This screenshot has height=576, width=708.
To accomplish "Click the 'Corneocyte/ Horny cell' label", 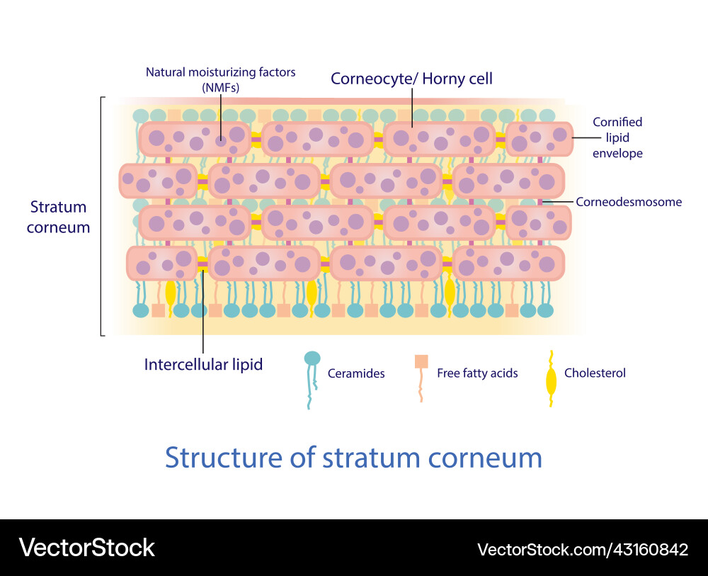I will coord(411,79).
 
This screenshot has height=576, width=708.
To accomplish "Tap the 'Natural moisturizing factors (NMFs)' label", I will coord(220,79).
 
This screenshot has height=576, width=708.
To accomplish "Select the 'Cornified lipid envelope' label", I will coord(618,137).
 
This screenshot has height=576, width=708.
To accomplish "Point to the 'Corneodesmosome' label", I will coord(629,202).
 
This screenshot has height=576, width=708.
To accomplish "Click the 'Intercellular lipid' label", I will coord(203,364).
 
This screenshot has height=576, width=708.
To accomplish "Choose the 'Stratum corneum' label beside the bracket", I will coord(59,217).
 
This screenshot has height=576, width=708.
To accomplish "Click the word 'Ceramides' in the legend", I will coord(356,373).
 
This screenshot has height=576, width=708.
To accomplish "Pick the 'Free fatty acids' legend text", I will coord(477,373).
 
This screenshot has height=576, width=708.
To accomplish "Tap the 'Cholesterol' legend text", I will coord(595,373).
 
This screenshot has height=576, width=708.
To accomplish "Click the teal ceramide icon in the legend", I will coord(312,359).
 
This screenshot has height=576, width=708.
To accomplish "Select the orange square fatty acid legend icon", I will coord(421,361).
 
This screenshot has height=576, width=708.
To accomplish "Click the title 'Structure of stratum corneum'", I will coord(353,458).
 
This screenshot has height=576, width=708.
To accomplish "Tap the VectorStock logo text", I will coord(86,547).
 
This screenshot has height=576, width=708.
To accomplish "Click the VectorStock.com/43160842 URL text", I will coord(583,549).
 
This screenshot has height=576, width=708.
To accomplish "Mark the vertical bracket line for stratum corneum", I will coord(101,216).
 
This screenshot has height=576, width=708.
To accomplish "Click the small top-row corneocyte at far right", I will coord(539,138).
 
